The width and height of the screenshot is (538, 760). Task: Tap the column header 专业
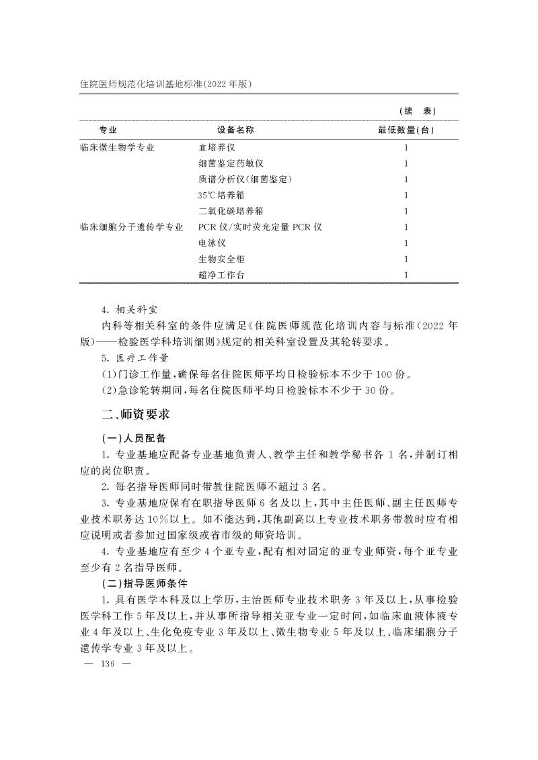click(x=108, y=130)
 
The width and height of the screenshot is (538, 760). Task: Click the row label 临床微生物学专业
click(x=118, y=147)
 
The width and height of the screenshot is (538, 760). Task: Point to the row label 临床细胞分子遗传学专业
click(x=132, y=227)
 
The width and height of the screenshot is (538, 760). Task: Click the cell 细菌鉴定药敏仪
click(x=230, y=163)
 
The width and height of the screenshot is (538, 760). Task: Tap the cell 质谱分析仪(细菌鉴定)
click(x=245, y=179)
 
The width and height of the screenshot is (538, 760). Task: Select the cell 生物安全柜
click(x=221, y=259)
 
